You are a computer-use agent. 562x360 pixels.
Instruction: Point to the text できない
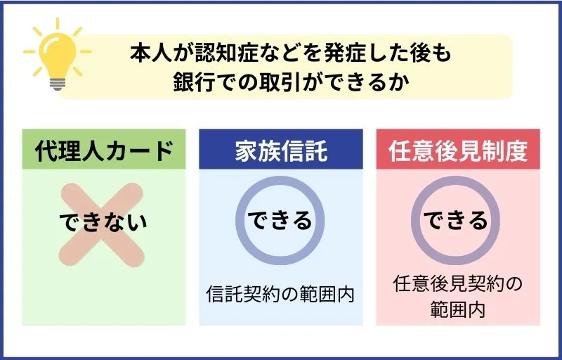tap(103, 221)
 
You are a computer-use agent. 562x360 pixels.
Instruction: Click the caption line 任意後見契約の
tap(459, 285)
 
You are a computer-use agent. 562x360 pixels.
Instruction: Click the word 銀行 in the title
tap(191, 82)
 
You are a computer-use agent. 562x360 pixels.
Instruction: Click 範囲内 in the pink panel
tap(458, 309)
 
